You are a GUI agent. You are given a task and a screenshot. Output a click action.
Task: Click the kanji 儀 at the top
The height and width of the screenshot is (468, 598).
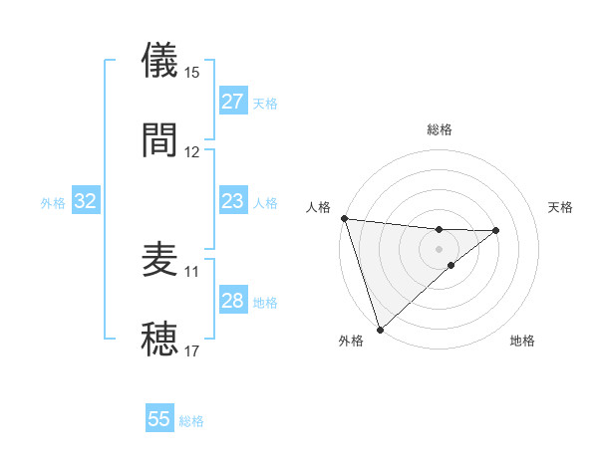[160, 61]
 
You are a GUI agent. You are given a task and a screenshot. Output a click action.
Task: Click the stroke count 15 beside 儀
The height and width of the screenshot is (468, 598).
[192, 73]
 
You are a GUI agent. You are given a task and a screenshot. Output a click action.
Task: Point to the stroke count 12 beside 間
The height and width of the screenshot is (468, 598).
[192, 151]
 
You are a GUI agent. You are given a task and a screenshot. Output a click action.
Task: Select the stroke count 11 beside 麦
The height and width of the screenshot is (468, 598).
[192, 271]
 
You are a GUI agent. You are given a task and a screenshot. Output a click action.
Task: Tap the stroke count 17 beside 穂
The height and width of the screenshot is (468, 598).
[192, 351]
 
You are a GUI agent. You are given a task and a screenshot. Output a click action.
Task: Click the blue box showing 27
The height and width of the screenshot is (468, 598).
[232, 102]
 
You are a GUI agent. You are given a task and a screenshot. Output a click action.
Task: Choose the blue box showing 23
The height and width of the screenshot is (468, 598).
[232, 201]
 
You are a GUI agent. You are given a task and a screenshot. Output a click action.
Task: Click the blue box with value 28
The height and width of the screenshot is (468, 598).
[232, 301]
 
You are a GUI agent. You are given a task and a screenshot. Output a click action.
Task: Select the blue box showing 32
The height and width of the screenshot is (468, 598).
[86, 201]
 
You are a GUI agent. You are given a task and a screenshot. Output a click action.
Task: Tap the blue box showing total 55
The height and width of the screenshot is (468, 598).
[159, 419]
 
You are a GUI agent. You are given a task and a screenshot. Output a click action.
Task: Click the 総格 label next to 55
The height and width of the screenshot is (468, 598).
[191, 421]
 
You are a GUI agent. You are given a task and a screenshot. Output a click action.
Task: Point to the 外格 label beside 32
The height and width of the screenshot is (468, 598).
[53, 203]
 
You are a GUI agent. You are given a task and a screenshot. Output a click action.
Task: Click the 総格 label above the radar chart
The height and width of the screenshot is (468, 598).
[440, 129]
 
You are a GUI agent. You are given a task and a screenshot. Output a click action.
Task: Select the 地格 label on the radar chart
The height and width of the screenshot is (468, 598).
[522, 342]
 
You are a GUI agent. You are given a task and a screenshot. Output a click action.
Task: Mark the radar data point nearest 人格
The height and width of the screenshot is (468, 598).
[344, 218]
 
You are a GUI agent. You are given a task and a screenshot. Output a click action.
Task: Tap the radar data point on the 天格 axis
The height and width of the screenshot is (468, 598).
[496, 231]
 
